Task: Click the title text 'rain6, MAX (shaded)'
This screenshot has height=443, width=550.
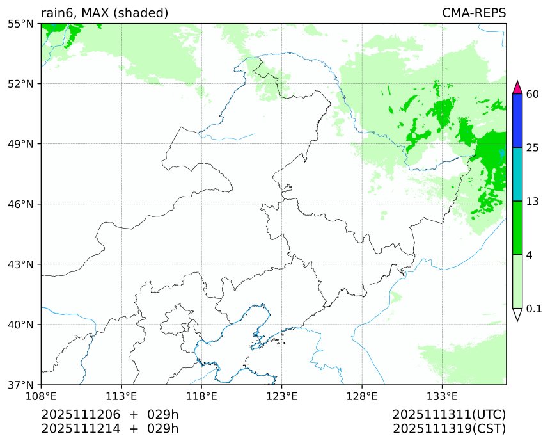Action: [x=104, y=13]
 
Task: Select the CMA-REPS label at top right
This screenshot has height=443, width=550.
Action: [x=473, y=13]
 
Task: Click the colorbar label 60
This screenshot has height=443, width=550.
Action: [x=532, y=95]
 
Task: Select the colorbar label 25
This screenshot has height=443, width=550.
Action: [x=532, y=148]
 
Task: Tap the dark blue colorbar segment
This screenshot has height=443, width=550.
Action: [x=518, y=121]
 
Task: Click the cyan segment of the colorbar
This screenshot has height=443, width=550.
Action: [x=518, y=174]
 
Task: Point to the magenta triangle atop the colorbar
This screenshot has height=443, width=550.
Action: [x=518, y=88]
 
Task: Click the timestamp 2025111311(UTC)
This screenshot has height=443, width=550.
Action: [x=449, y=415]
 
